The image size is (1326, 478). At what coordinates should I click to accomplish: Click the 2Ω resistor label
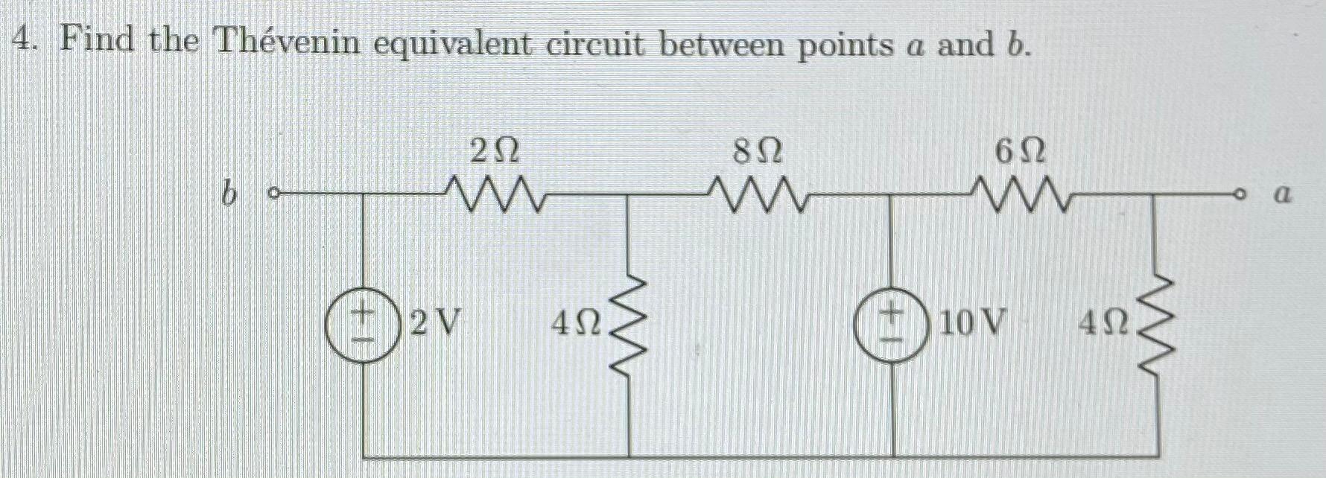494,153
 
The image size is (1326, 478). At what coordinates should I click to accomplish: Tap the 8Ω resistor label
758,153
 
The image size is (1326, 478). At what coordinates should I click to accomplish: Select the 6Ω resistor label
1020,153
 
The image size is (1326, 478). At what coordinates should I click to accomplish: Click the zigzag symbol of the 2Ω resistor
494,195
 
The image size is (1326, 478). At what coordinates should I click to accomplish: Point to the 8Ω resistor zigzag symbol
758,195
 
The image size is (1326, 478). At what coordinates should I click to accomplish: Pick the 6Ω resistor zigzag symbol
1021,195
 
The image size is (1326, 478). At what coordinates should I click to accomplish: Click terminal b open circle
273,196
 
